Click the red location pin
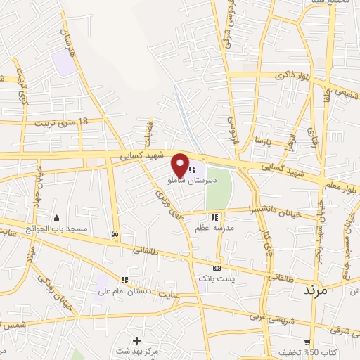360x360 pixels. (181, 163)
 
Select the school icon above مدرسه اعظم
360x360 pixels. (214, 217)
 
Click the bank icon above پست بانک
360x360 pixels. (217, 268)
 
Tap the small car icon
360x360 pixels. (115, 233)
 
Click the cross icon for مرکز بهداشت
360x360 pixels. (136, 340)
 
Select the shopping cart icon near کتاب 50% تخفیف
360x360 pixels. (297, 342)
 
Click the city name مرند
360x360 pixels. (316, 289)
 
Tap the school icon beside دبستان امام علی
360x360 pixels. (124, 281)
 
